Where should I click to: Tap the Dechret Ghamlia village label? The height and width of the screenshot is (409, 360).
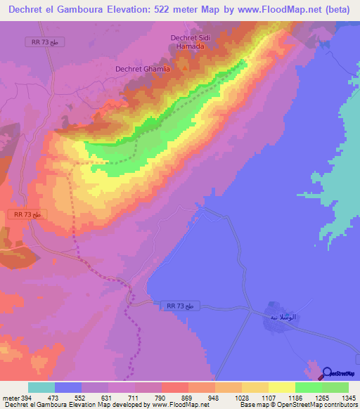tap(143, 69)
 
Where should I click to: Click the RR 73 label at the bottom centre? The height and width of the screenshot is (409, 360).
tap(185, 306)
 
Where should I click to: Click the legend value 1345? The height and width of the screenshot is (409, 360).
tap(349, 398)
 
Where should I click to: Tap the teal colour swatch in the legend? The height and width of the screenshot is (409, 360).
tap(41, 387)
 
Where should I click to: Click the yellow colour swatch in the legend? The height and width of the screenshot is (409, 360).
tap(282, 387)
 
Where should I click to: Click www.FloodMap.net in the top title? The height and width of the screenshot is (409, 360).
tap(285, 10)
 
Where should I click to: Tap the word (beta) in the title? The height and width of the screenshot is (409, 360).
tap(339, 10)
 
